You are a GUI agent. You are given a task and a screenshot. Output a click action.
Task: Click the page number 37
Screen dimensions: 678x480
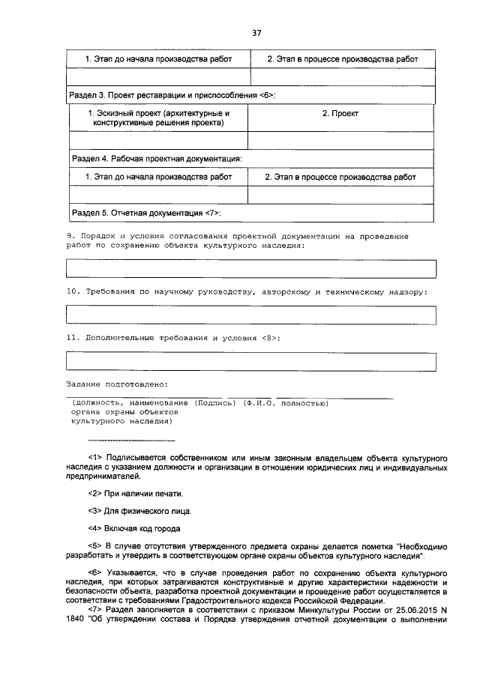point(256,33)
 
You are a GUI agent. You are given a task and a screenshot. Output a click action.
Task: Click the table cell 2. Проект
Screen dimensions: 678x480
point(340,113)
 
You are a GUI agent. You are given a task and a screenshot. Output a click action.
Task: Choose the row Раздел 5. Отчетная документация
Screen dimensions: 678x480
point(145,213)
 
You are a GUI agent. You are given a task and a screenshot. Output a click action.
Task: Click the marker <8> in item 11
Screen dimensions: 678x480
point(270,338)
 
